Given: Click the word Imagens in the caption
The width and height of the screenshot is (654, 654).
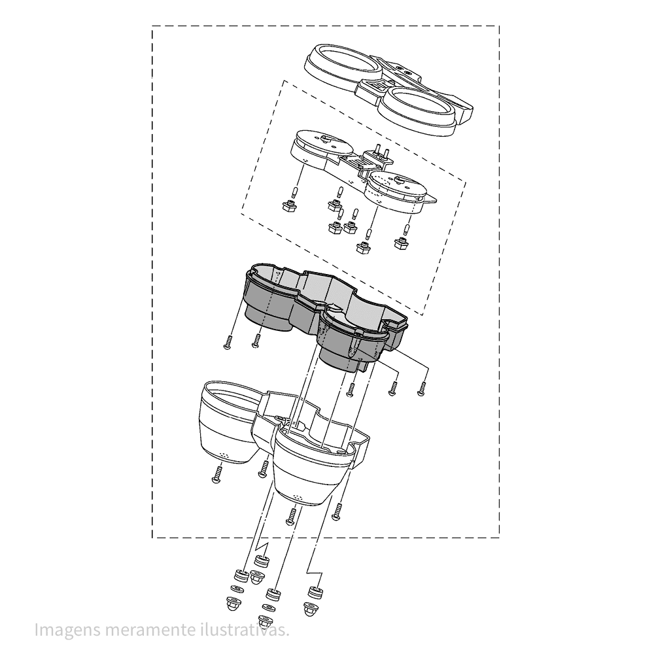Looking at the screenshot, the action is (67, 630).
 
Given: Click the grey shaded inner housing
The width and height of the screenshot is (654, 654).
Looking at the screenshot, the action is (325, 317).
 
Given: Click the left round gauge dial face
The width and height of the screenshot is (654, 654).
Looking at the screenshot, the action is (321, 142).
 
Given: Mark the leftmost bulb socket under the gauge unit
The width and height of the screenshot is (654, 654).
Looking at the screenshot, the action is (288, 205).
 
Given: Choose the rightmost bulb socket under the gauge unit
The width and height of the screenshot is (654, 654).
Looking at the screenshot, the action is (402, 243).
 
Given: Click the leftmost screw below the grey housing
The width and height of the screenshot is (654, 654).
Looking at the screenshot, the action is (228, 342).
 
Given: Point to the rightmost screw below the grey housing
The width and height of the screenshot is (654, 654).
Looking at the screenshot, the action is (422, 388).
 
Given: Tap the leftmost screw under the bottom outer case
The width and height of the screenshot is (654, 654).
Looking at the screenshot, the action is (217, 475).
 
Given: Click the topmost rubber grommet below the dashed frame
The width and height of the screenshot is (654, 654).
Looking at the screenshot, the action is (262, 560).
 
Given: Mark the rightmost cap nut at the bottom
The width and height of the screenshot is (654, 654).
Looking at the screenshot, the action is (310, 608).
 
